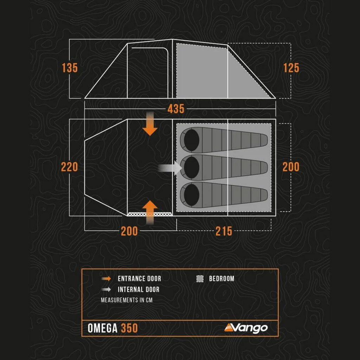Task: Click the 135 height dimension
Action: click(70, 68)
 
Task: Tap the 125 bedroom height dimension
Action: click(291, 68)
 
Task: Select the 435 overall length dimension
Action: click(176, 109)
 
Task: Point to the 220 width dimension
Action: click(69, 167)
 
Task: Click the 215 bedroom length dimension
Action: click(224, 231)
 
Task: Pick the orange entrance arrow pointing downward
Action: click(150, 124)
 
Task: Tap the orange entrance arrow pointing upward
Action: click(150, 212)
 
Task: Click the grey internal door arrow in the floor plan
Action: click(170, 168)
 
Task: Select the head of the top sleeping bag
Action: click(192, 140)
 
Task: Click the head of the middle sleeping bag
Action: click(192, 167)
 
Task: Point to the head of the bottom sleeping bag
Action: click(192, 195)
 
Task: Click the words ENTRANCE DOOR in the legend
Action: click(139, 279)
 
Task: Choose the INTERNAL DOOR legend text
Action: click(139, 290)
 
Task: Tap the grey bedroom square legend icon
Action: click(200, 279)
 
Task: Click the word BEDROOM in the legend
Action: click(221, 279)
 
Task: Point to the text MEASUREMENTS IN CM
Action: click(127, 300)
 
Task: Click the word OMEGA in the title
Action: click(103, 328)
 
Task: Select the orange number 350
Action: click(129, 328)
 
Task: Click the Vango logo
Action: click(246, 328)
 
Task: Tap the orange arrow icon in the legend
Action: click(106, 279)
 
